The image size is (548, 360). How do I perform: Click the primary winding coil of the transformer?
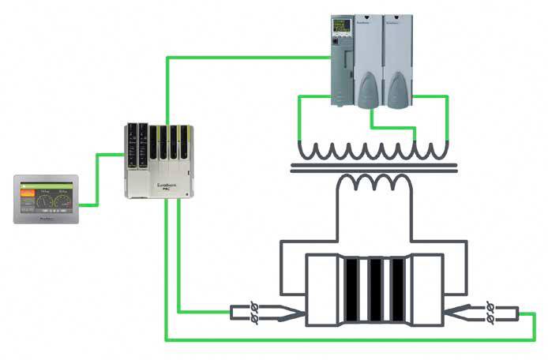[371, 148]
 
